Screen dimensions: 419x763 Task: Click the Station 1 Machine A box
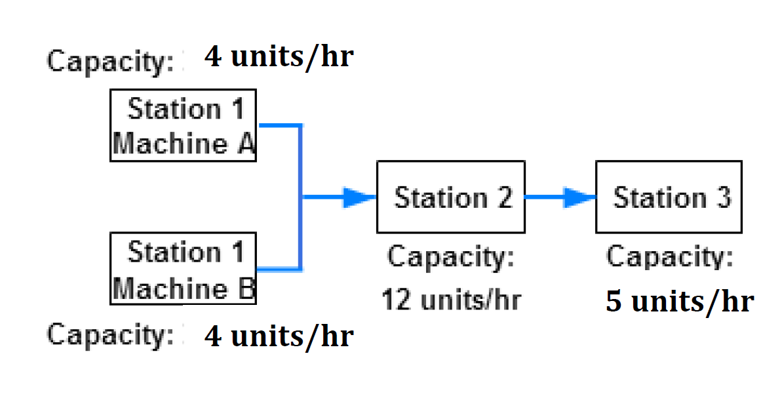[x=183, y=125]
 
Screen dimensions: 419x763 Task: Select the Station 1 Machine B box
[x=183, y=268]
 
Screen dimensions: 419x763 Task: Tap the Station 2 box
[x=450, y=197]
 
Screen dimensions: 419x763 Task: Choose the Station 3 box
[x=669, y=197]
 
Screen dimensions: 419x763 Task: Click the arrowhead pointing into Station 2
[x=359, y=197]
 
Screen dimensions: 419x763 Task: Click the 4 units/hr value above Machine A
[x=279, y=57]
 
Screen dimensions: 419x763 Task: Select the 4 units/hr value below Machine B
[x=279, y=336]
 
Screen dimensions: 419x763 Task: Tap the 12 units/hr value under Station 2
[x=451, y=300]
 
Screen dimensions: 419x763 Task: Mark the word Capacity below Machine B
[x=110, y=334]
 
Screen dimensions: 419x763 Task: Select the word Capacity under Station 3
[x=669, y=256]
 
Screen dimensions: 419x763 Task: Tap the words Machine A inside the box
[x=183, y=144]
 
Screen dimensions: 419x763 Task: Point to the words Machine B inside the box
[x=183, y=288]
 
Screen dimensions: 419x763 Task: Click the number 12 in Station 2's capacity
[x=396, y=300]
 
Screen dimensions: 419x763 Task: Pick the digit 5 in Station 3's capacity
[x=614, y=302]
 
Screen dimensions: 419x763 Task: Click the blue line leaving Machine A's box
[x=281, y=124]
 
